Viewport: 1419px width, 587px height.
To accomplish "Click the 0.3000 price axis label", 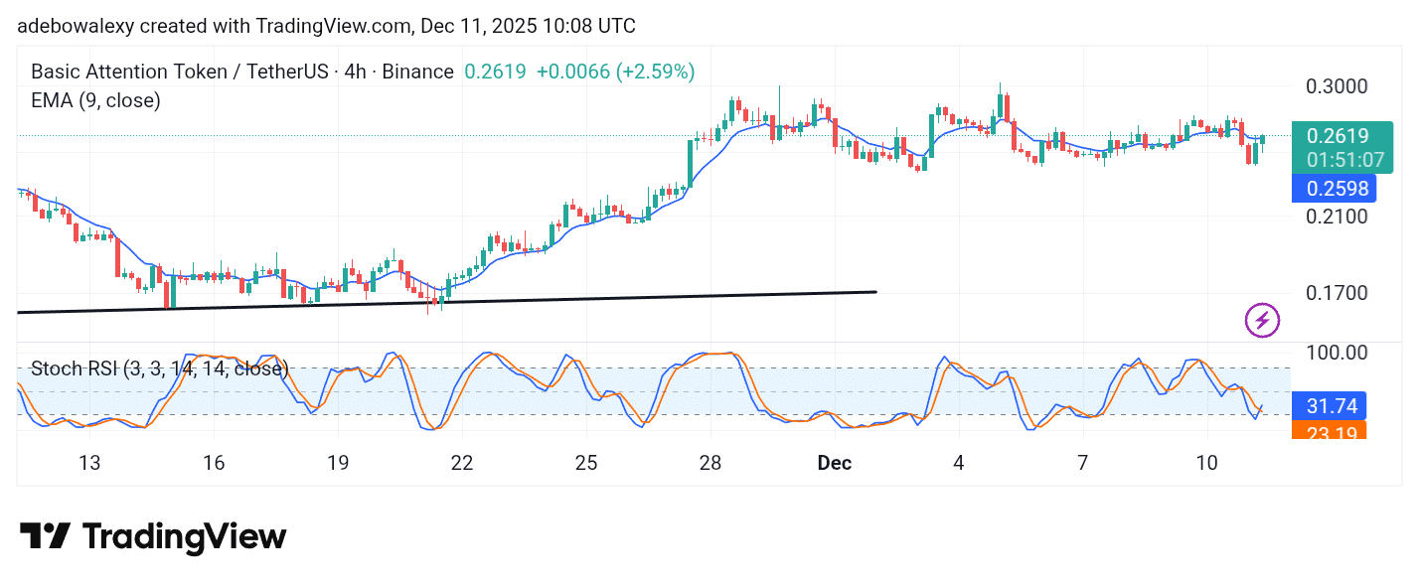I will click(x=1338, y=85).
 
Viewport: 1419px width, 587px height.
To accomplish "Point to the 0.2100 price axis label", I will click(x=1338, y=216).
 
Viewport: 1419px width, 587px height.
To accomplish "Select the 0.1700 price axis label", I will click(x=1338, y=293).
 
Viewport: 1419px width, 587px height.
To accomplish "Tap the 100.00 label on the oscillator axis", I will click(x=1338, y=353).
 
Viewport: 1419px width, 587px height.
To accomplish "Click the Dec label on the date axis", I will click(x=831, y=463).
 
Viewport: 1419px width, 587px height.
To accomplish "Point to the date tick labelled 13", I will click(x=89, y=463).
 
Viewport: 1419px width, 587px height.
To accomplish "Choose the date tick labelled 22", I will click(x=461, y=463).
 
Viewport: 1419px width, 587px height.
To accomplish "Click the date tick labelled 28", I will click(x=709, y=463).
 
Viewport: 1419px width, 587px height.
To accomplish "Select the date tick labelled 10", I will click(x=1207, y=463).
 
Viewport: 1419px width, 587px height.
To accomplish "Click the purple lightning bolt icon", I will click(x=1262, y=320).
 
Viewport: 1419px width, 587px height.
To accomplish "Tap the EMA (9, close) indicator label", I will click(x=95, y=99).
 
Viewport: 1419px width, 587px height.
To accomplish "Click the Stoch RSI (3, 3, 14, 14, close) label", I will click(x=159, y=368).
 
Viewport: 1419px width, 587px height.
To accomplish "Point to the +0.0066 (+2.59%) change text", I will click(x=615, y=72).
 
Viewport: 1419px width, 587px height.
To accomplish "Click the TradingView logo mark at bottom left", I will click(x=45, y=537).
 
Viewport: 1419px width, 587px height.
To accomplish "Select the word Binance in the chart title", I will click(x=417, y=72).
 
